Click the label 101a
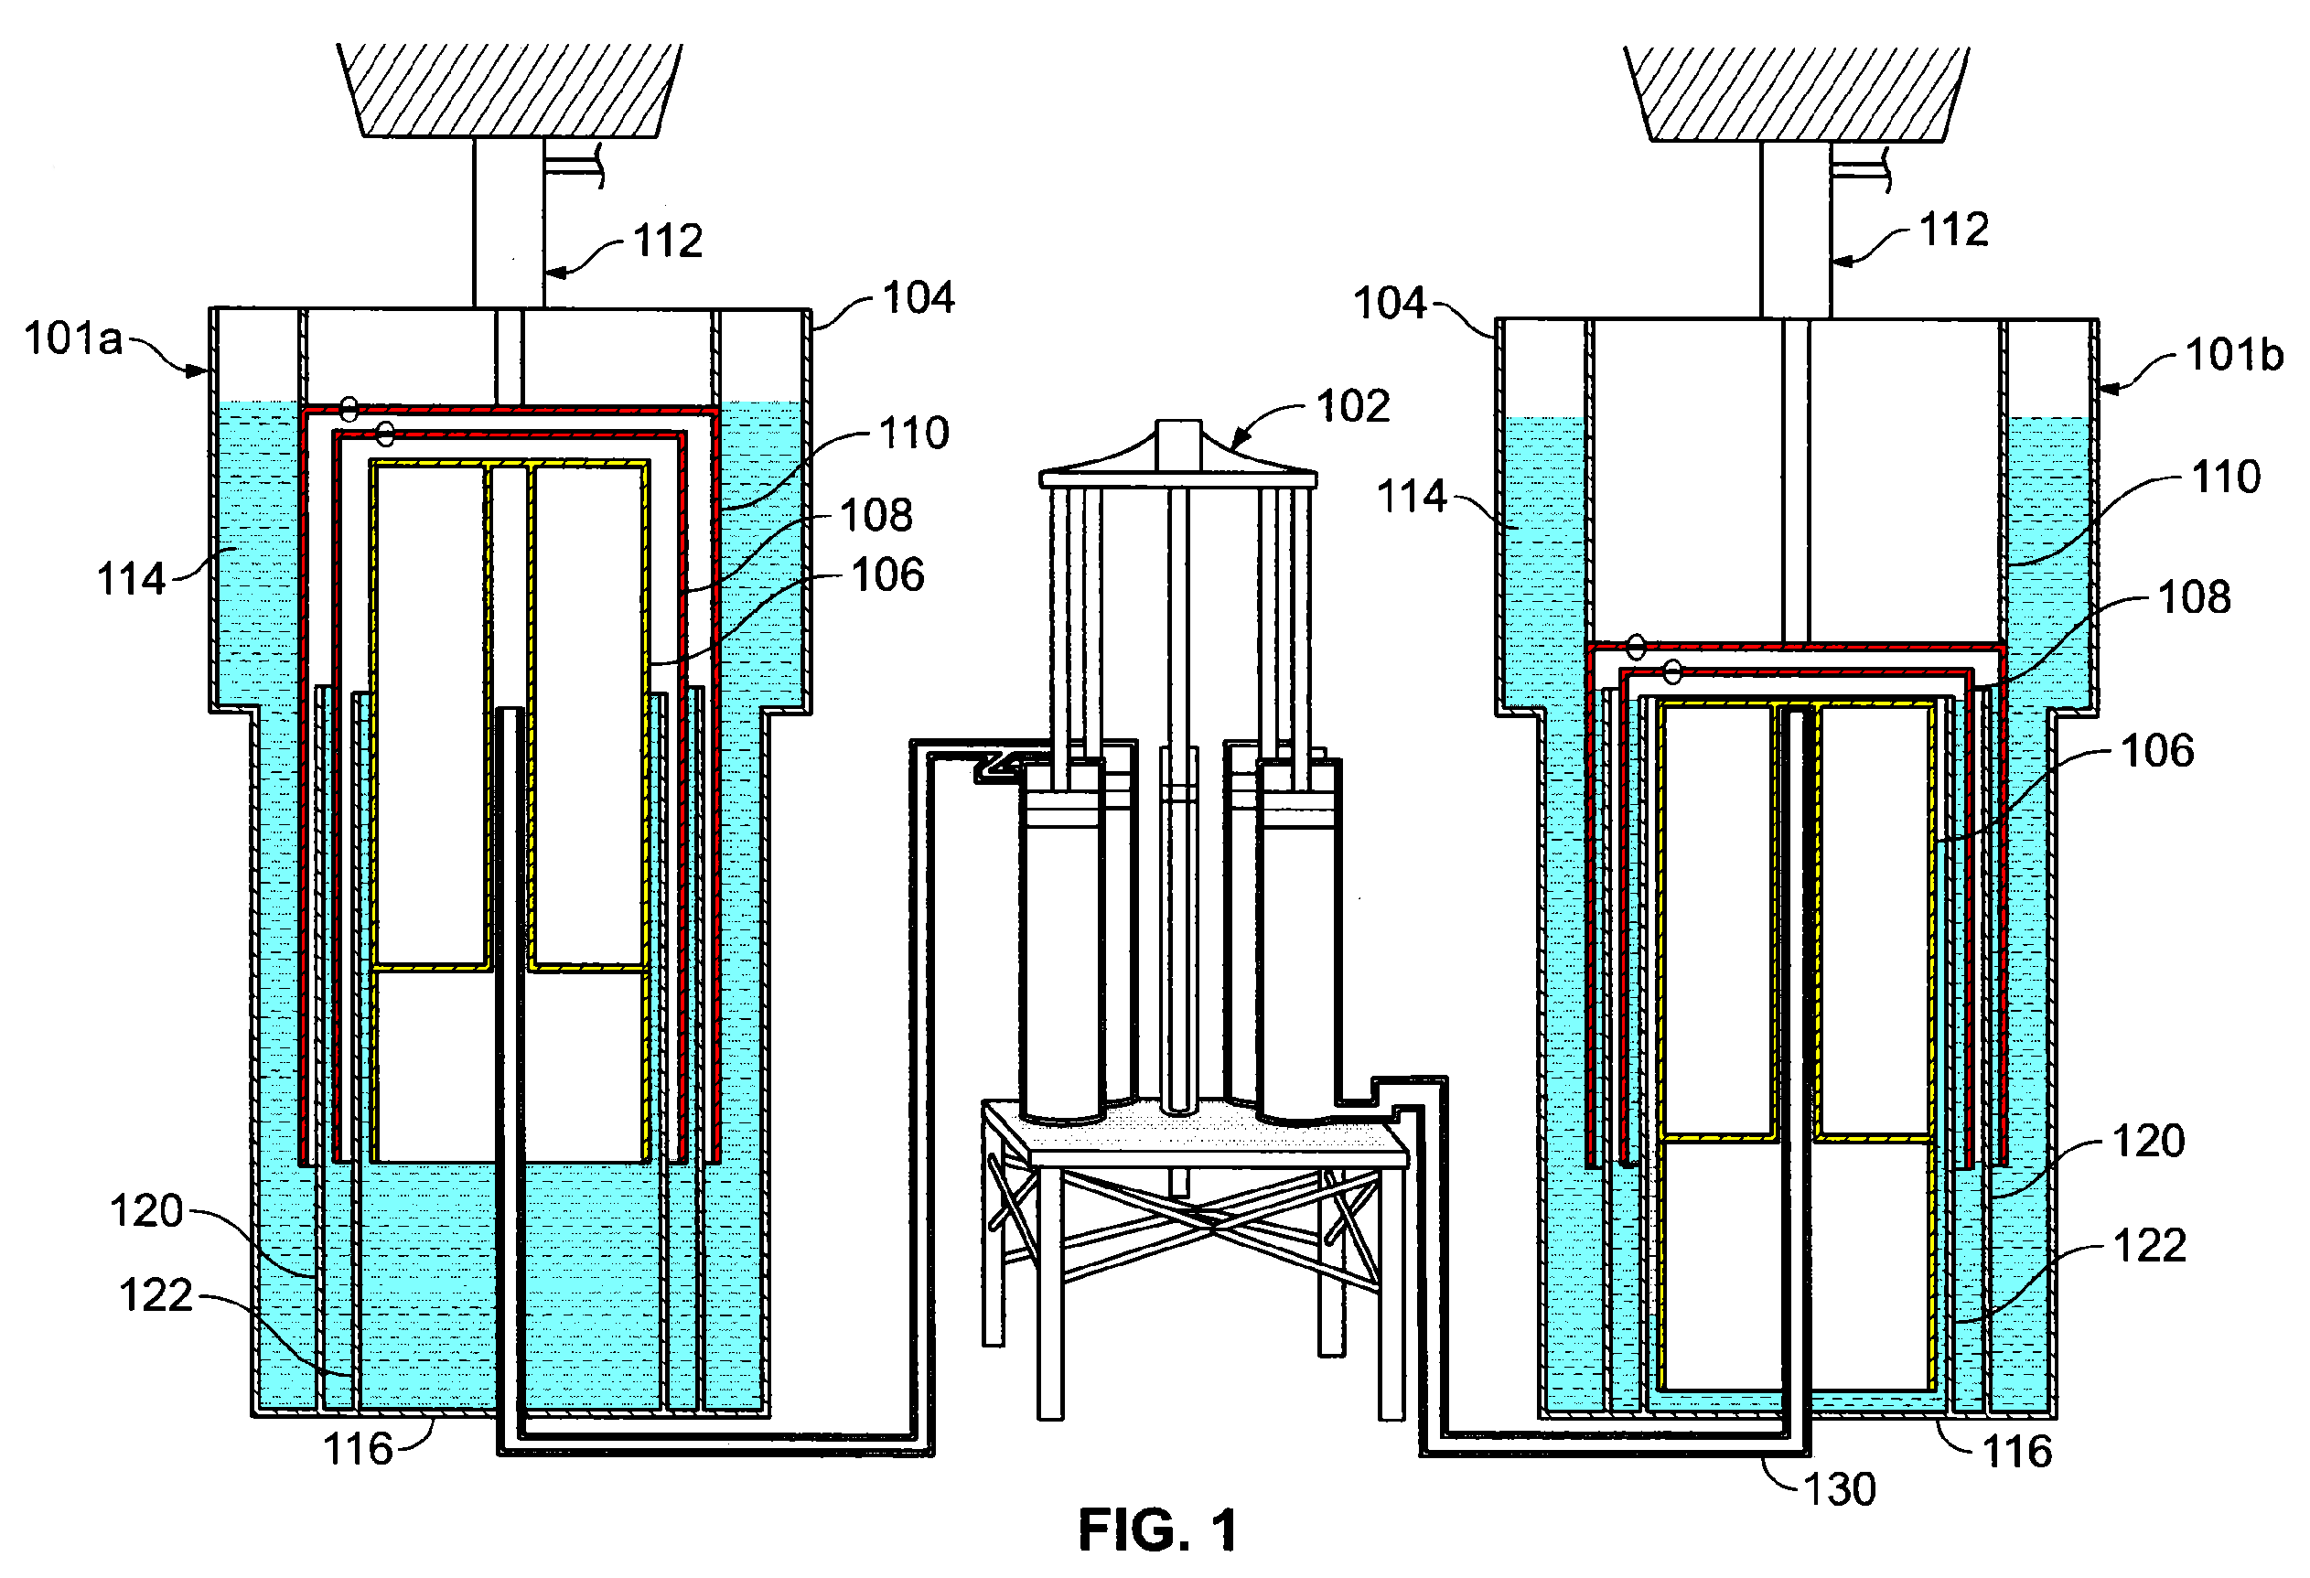(73, 338)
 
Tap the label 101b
(2233, 355)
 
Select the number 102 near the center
(1352, 406)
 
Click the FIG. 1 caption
(1158, 1530)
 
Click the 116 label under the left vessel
(358, 1450)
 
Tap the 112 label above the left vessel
(668, 242)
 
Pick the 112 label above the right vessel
(1953, 231)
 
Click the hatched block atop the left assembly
(509, 90)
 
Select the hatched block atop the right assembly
(1795, 93)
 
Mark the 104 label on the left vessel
(918, 298)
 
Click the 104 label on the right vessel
(1390, 303)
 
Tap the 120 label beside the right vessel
(2148, 1141)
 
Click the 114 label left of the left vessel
(130, 579)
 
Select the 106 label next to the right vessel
(2157, 751)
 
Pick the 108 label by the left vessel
(876, 516)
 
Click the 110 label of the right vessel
(2226, 477)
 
